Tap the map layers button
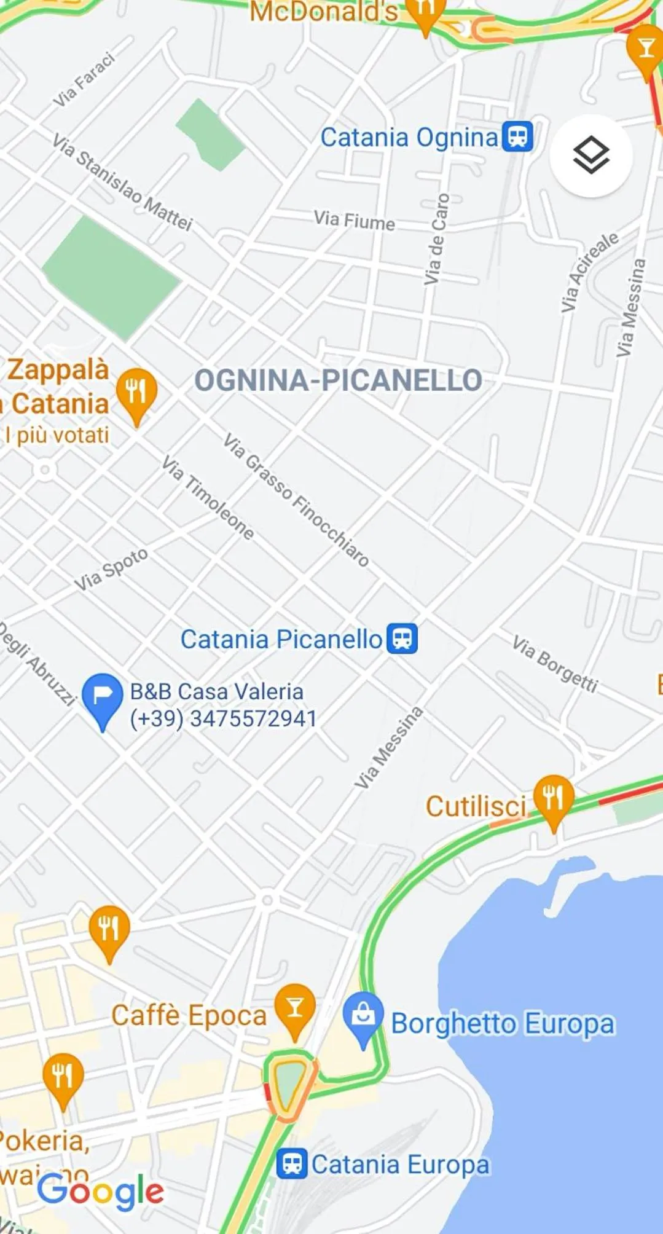[590, 155]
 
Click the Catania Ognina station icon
[517, 136]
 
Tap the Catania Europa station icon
[292, 1163]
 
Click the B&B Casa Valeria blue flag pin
[103, 698]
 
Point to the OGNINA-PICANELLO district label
[338, 380]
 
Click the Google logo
[100, 1192]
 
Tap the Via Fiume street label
[354, 220]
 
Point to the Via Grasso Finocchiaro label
[296, 500]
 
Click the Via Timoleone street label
[208, 498]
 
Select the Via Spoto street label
[111, 569]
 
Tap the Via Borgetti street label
[555, 664]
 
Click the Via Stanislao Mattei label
[122, 183]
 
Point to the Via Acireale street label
[589, 272]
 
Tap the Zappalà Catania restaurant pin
[136, 391]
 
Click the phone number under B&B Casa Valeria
[223, 718]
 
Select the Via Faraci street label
[84, 80]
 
